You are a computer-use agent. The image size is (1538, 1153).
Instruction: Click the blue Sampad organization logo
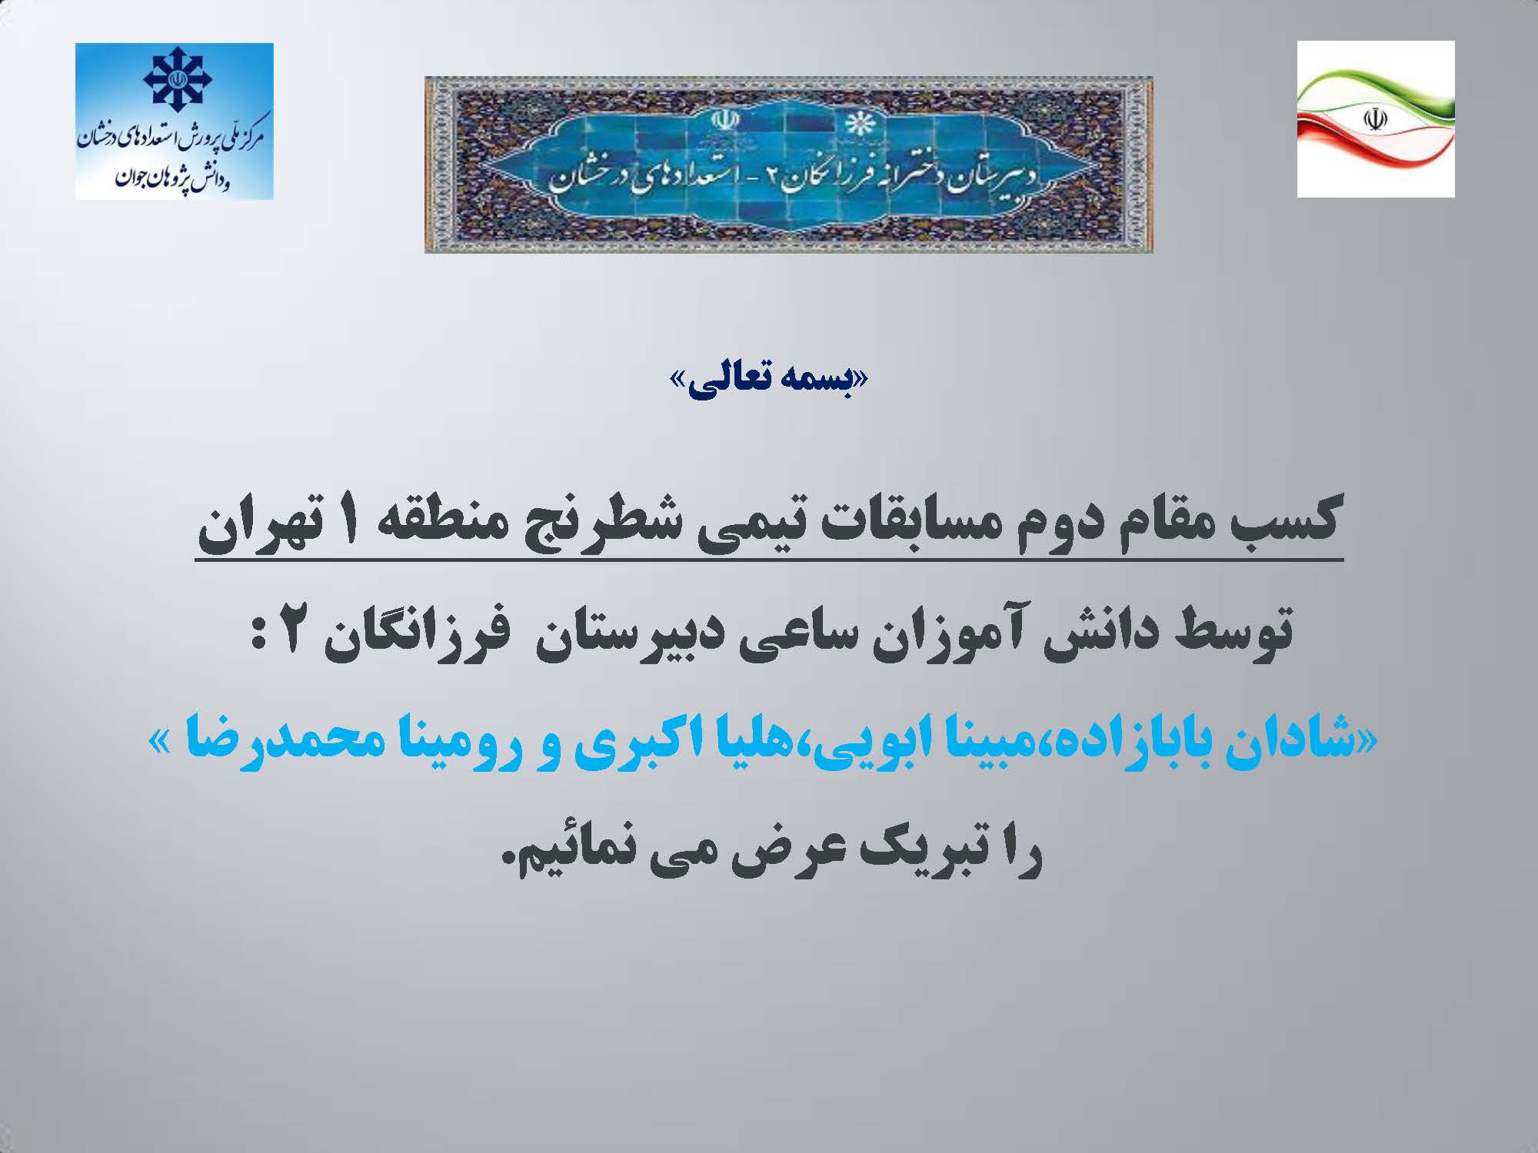pyautogui.click(x=175, y=121)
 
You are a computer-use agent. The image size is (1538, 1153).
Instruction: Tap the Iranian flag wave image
pyautogui.click(x=1376, y=119)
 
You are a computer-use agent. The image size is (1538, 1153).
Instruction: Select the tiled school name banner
pyautogui.click(x=789, y=164)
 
